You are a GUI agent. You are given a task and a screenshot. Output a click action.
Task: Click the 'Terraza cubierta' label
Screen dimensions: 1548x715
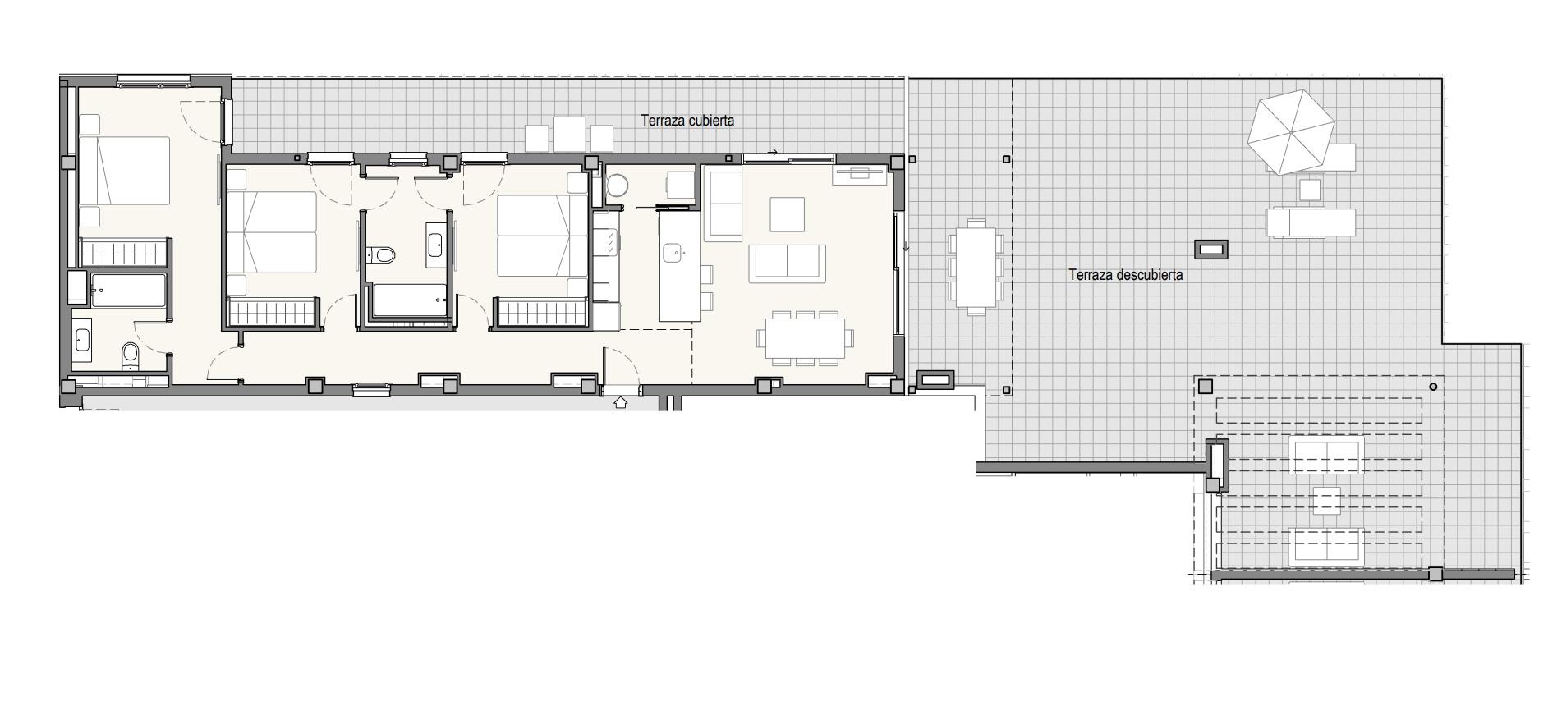click(687, 121)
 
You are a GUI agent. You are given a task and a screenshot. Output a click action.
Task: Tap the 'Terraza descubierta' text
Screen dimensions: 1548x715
click(1125, 275)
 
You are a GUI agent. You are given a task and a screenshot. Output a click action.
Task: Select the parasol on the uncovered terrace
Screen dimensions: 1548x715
click(1290, 132)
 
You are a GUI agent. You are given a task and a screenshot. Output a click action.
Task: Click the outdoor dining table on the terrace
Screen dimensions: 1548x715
click(976, 267)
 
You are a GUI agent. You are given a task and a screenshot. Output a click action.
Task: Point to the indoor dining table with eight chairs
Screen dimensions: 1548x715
click(806, 337)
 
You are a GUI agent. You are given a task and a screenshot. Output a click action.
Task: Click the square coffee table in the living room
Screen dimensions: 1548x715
click(787, 214)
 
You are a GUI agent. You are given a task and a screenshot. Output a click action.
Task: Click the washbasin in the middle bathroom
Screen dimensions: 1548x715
click(434, 244)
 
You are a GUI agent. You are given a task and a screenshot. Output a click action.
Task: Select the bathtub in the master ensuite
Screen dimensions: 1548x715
click(128, 291)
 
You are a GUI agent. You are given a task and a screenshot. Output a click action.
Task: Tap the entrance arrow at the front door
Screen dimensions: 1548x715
click(621, 402)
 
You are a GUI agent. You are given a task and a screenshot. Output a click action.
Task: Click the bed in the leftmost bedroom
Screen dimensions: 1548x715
click(125, 171)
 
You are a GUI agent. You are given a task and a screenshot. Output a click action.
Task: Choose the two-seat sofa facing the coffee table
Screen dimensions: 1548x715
click(788, 263)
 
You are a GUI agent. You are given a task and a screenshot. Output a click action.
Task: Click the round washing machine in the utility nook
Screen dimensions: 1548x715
click(617, 186)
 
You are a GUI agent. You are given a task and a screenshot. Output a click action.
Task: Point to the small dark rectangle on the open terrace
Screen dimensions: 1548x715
click(1210, 249)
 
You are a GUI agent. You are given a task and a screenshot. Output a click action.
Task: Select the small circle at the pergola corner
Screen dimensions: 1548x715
click(1434, 387)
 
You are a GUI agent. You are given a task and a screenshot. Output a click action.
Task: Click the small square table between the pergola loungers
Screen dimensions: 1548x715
click(1326, 501)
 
